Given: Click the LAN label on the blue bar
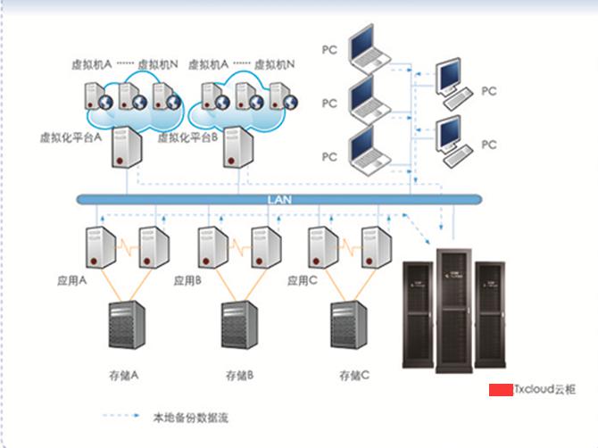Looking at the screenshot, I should pyautogui.click(x=279, y=200).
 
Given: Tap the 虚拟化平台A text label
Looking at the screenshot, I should pyautogui.click(x=71, y=137).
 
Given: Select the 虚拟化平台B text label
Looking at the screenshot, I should pyautogui.click(x=188, y=137).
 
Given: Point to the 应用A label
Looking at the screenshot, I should pyautogui.click(x=71, y=280).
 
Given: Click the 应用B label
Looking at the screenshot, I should pyautogui.click(x=187, y=280).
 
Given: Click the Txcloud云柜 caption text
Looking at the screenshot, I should pyautogui.click(x=545, y=389).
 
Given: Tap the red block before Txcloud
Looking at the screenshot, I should pyautogui.click(x=500, y=389).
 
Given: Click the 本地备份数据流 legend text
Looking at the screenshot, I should pyautogui.click(x=191, y=417).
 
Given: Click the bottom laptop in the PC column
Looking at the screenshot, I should pyautogui.click(x=370, y=151).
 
